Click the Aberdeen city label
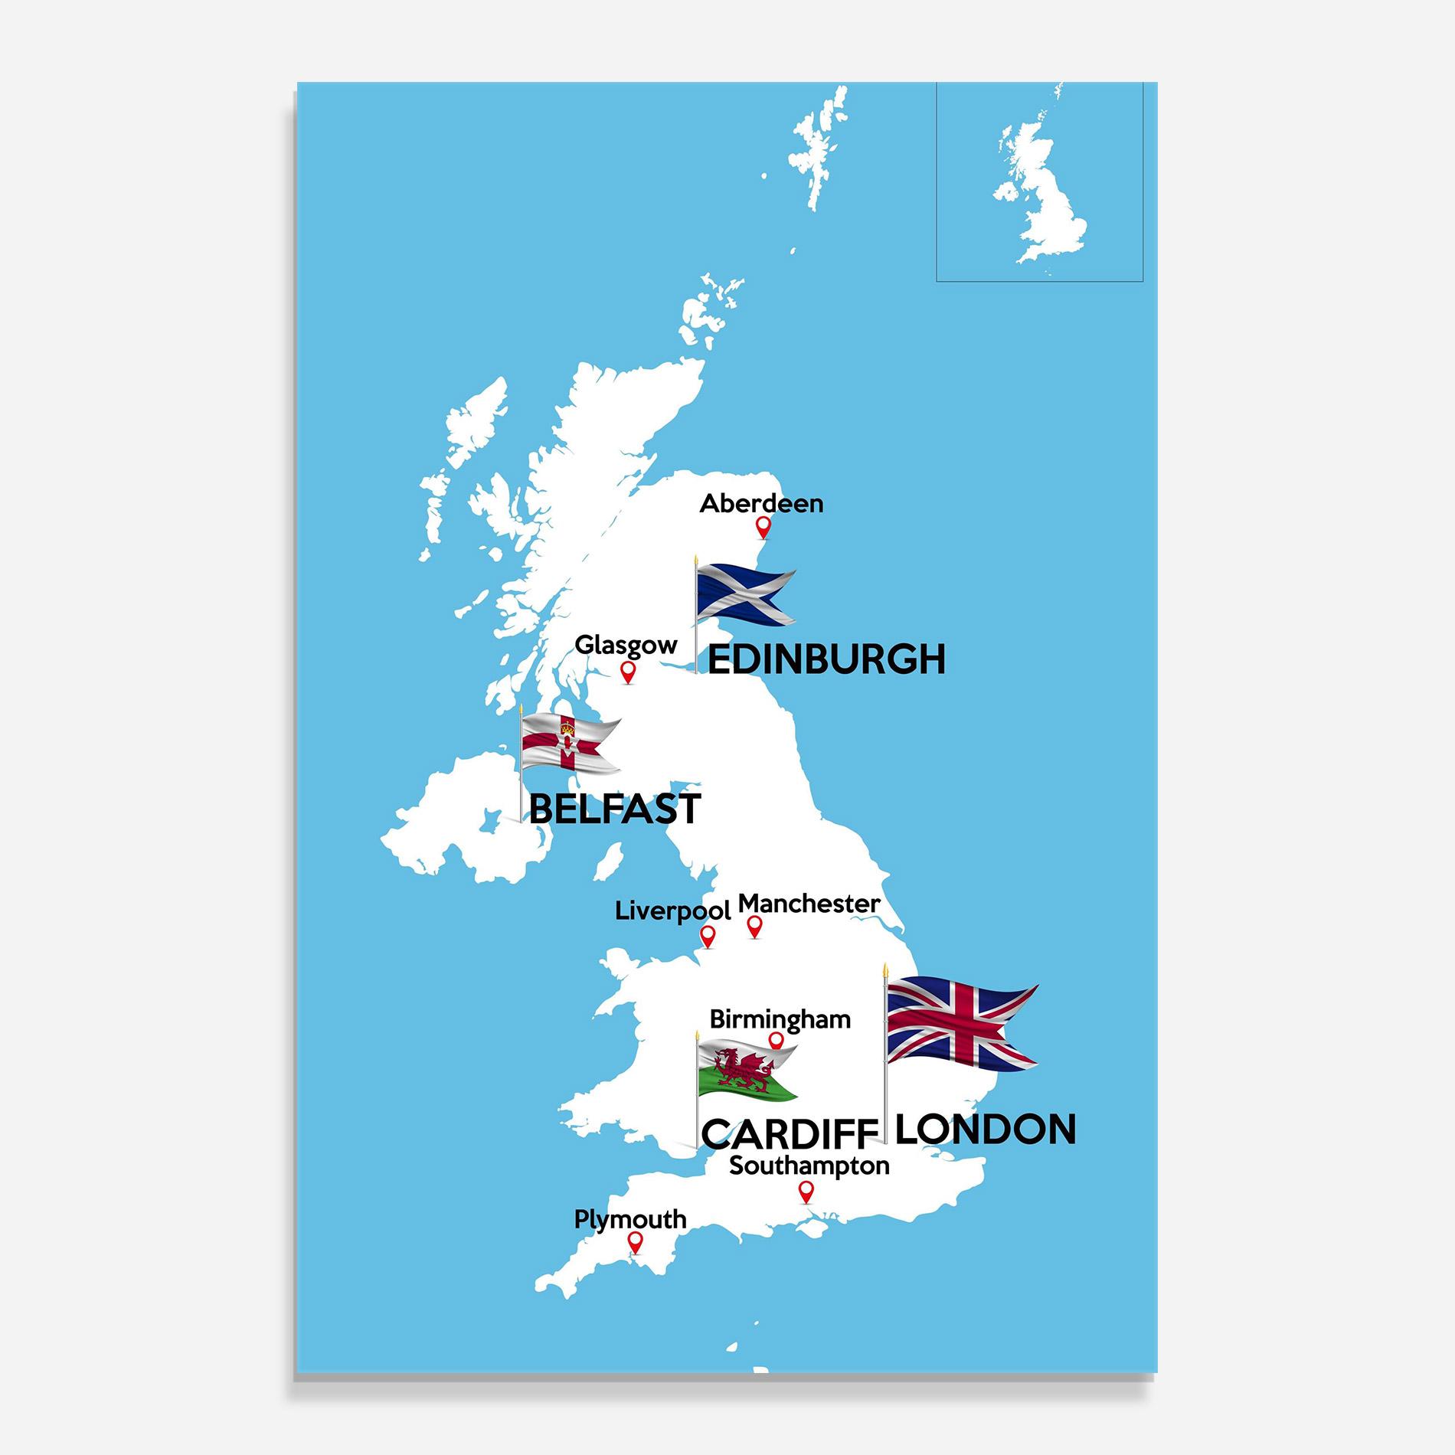pyautogui.click(x=761, y=504)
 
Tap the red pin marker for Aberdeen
pyautogui.click(x=763, y=526)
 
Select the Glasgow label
pyautogui.click(x=626, y=645)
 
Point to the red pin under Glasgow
pyautogui.click(x=628, y=672)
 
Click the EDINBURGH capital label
pyautogui.click(x=826, y=660)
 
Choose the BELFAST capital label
pyautogui.click(x=615, y=809)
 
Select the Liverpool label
pyautogui.click(x=673, y=911)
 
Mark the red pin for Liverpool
pyautogui.click(x=708, y=935)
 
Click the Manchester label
pyautogui.click(x=809, y=904)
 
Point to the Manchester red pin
pyautogui.click(x=755, y=927)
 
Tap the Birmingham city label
pyautogui.click(x=780, y=1019)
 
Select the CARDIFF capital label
pyautogui.click(x=790, y=1134)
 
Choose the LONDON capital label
pyautogui.click(x=985, y=1129)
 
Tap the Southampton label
pyautogui.click(x=809, y=1166)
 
